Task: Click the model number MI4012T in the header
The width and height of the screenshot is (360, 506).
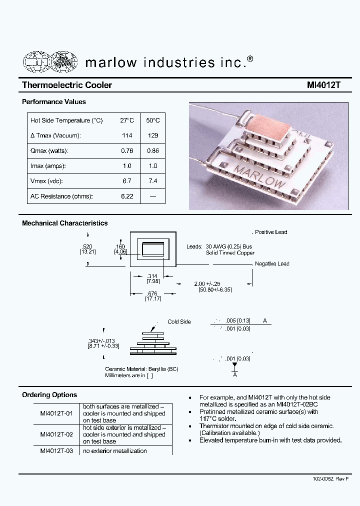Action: click(323, 85)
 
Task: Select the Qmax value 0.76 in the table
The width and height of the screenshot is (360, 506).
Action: click(127, 150)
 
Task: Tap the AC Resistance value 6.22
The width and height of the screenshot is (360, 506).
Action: click(127, 196)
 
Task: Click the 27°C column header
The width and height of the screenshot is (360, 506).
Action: click(127, 120)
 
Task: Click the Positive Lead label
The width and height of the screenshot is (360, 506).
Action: click(271, 232)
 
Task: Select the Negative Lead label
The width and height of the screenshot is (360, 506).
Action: click(272, 263)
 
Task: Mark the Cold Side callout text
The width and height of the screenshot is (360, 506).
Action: click(179, 321)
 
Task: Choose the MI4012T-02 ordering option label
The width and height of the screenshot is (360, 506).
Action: click(56, 434)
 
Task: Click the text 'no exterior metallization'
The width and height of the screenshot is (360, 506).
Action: click(115, 451)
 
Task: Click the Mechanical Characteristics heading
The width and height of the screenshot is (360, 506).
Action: click(65, 223)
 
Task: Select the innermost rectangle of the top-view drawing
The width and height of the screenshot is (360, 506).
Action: click(153, 249)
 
